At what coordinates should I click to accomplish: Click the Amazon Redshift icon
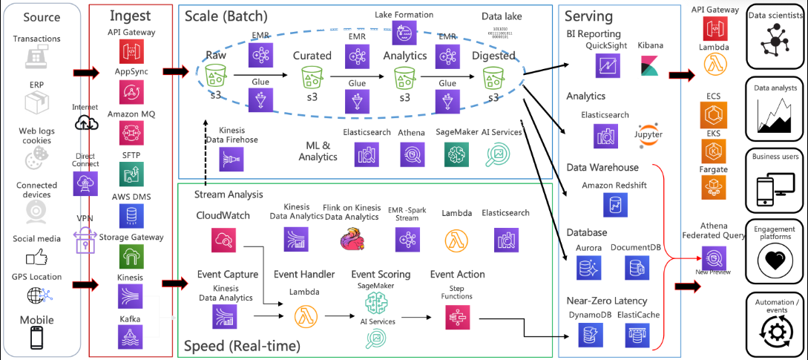pos(615,204)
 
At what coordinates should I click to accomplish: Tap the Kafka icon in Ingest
pos(126,337)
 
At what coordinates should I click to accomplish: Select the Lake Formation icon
pos(404,31)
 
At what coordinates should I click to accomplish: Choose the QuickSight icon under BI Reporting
pos(605,65)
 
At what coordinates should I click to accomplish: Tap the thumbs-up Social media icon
pos(36,257)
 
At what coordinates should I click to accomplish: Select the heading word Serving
pos(588,16)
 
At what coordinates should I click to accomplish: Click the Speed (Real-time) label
pos(241,345)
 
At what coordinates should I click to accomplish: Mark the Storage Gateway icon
pos(126,256)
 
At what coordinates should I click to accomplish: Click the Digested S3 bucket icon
pos(493,76)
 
